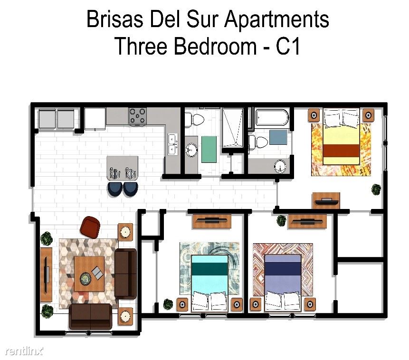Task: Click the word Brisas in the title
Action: click(115, 19)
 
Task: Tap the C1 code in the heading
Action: click(288, 46)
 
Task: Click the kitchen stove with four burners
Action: click(137, 115)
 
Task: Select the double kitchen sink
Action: click(172, 144)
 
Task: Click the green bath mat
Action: click(209, 149)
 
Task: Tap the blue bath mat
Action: click(278, 137)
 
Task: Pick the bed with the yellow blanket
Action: click(341, 137)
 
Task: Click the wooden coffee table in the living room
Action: click(89, 274)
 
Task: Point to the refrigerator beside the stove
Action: click(95, 119)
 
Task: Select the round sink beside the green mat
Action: click(191, 150)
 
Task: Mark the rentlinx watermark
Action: click(24, 351)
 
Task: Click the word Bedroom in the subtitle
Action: click(216, 46)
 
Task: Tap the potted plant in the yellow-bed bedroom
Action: click(376, 189)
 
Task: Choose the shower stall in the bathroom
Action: click(233, 128)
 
